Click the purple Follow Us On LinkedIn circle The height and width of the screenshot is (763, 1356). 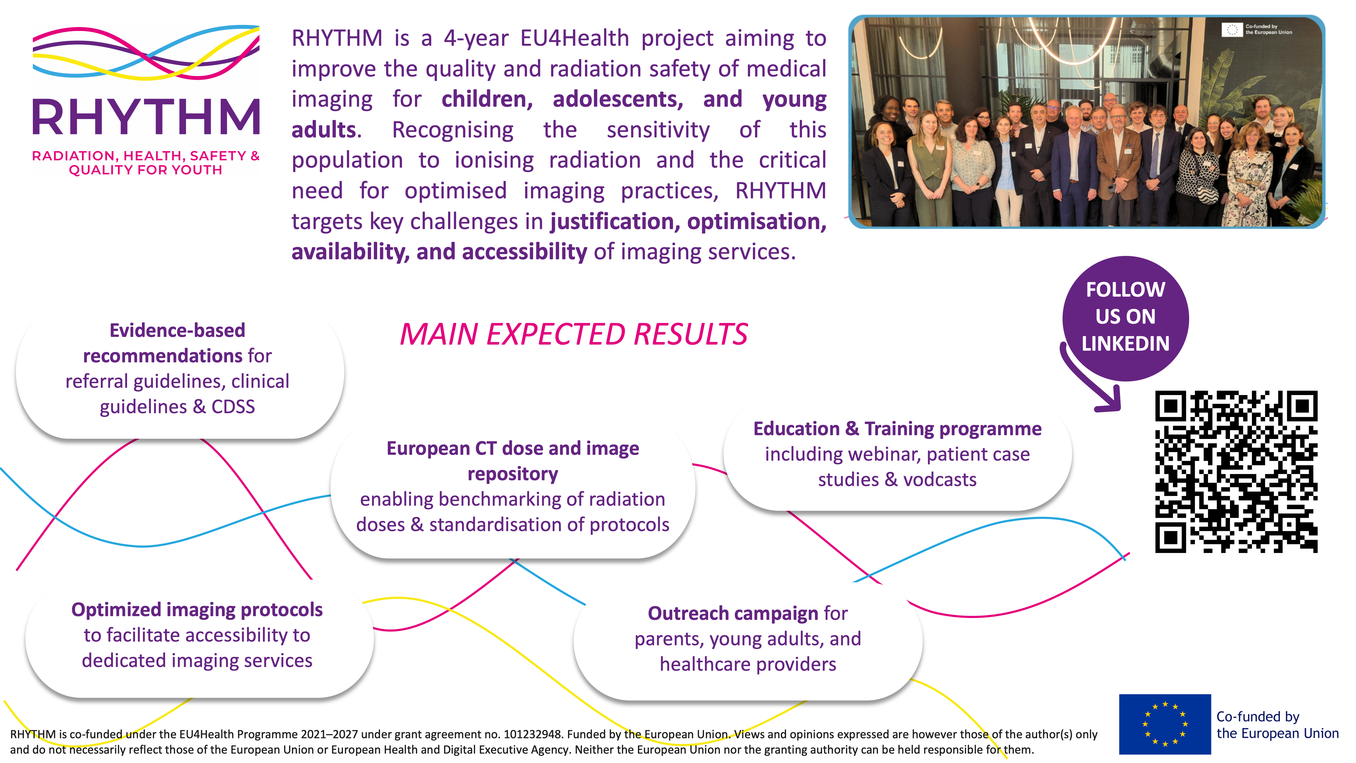pyautogui.click(x=1125, y=318)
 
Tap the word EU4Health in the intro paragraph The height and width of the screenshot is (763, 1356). pyautogui.click(x=574, y=38)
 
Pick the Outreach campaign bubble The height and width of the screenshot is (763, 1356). pyautogui.click(x=748, y=640)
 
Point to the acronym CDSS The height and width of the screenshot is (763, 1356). pyautogui.click(x=233, y=407)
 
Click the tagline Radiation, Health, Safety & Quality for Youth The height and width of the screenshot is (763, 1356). pyautogui.click(x=146, y=163)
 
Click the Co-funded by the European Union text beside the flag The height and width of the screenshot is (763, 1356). pyautogui.click(x=1277, y=725)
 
